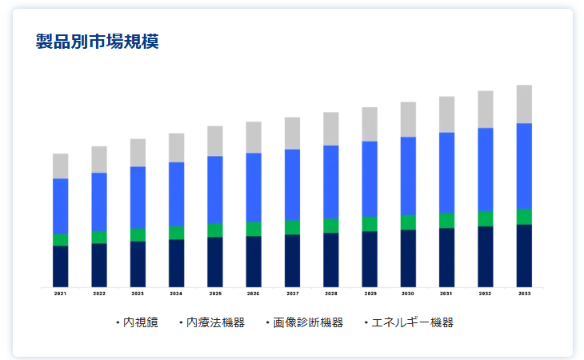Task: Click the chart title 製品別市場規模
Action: point(98,42)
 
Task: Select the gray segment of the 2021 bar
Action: point(61,166)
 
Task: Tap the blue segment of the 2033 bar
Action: point(524,166)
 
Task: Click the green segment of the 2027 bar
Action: point(293,227)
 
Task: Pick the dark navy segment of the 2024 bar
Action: point(177,262)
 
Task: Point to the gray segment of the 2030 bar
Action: point(408,119)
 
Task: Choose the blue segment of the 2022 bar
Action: point(99,202)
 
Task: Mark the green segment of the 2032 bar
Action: point(486,218)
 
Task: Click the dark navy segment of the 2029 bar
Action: point(370,258)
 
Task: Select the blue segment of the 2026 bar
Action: point(254,187)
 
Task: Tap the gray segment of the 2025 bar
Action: point(215,141)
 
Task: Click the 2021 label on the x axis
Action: point(61,294)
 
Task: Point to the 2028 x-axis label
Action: point(331,294)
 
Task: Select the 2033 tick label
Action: point(524,294)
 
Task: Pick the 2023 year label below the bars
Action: point(138,294)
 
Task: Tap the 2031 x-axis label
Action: point(447,294)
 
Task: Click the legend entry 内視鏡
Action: point(140,322)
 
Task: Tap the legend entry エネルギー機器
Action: point(412,322)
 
